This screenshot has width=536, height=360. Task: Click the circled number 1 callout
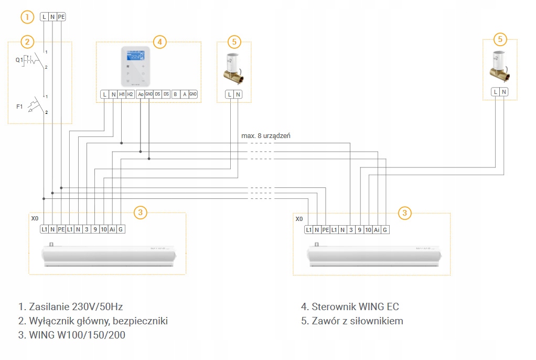pyautogui.click(x=27, y=17)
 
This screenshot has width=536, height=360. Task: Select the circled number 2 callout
pyautogui.click(x=27, y=41)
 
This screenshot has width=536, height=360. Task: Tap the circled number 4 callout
pyautogui.click(x=160, y=41)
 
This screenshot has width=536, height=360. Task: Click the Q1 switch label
pyautogui.click(x=19, y=60)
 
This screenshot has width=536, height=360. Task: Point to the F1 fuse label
pyautogui.click(x=19, y=107)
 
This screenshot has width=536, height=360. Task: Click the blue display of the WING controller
pyautogui.click(x=136, y=56)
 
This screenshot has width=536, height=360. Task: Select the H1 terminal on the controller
pyautogui.click(x=122, y=94)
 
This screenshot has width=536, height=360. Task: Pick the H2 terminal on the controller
pyautogui.click(x=131, y=94)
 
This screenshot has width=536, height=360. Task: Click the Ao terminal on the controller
pyautogui.click(x=140, y=94)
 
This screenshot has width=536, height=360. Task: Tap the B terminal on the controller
pyautogui.click(x=175, y=94)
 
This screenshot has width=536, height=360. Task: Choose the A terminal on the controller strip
pyautogui.click(x=184, y=94)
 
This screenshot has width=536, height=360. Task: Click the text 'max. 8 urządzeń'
pyautogui.click(x=265, y=136)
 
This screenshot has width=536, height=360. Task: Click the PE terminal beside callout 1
pyautogui.click(x=61, y=17)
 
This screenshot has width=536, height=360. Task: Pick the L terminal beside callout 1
pyautogui.click(x=44, y=17)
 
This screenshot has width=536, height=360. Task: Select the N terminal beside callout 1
pyautogui.click(x=52, y=17)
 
